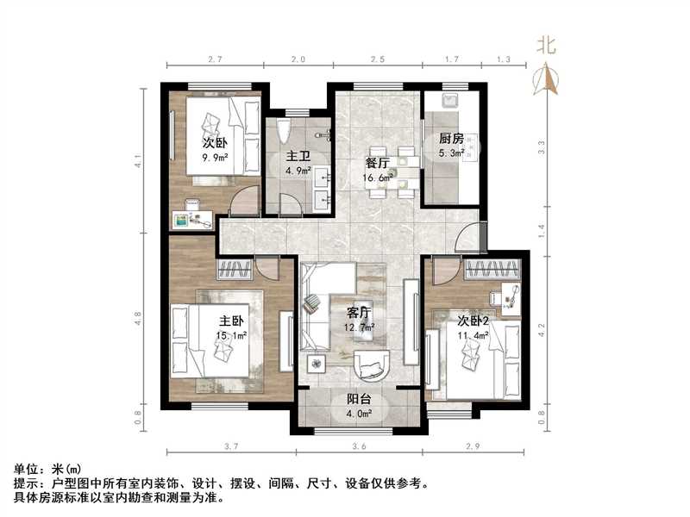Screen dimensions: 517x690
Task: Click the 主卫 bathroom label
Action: click(x=298, y=156)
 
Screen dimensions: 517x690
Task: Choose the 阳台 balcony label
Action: click(x=360, y=399)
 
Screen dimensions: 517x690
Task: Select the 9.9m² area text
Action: click(x=215, y=159)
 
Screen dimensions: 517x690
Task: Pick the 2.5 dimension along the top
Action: click(x=378, y=59)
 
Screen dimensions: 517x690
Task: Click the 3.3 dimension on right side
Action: click(x=541, y=146)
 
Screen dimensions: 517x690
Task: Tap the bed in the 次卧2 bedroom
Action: click(x=473, y=353)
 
